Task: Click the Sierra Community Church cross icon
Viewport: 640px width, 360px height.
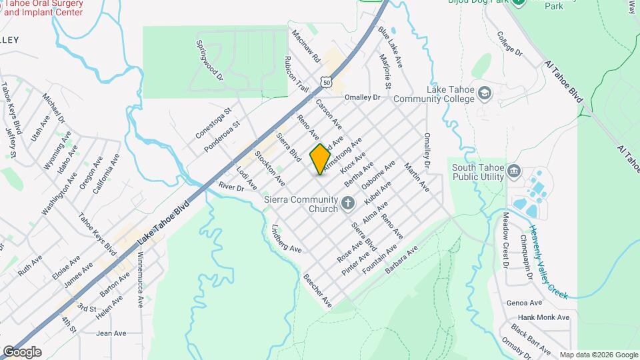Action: coord(347,203)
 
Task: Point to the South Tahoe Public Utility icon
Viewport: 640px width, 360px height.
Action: coord(514,172)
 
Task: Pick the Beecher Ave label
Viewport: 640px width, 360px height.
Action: coord(317,290)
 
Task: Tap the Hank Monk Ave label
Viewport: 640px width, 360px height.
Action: coord(544,317)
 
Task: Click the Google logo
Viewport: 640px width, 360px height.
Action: coord(22,352)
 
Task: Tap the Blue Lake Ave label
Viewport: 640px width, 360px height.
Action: coord(390,47)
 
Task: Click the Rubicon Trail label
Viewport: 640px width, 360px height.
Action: coord(297,73)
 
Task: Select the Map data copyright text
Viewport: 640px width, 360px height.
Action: coord(597,355)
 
